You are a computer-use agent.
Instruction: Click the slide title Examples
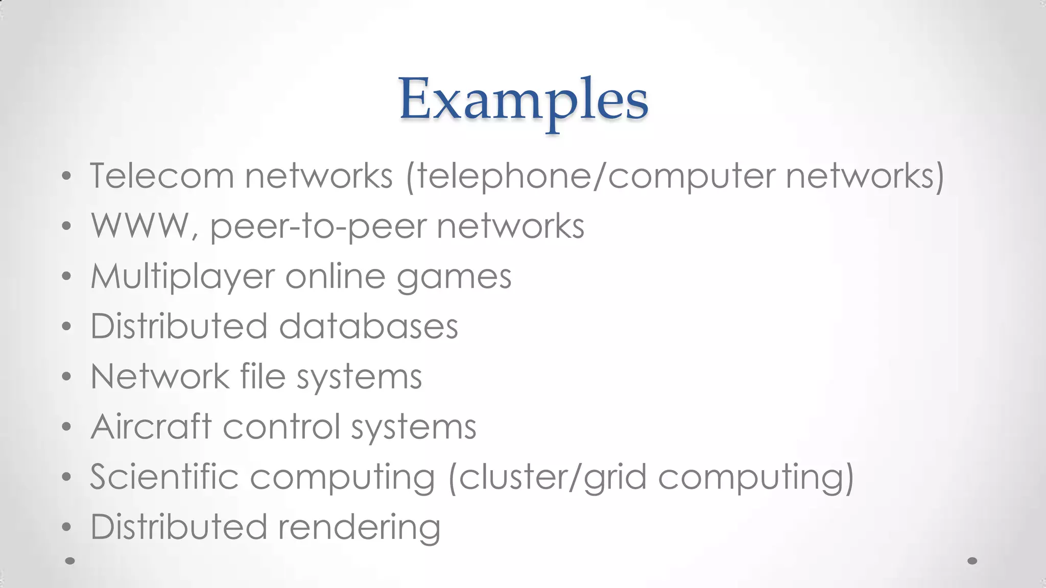pyautogui.click(x=524, y=100)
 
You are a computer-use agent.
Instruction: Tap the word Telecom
pyautogui.click(x=161, y=176)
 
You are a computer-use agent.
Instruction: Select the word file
pyautogui.click(x=263, y=377)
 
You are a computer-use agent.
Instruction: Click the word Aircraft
pyautogui.click(x=151, y=427)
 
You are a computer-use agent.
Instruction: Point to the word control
pyautogui.click(x=281, y=427)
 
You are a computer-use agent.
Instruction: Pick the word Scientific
pyautogui.click(x=164, y=477)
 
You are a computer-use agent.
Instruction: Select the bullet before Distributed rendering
pyautogui.click(x=66, y=527)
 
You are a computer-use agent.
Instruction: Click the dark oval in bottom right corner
pyautogui.click(x=972, y=561)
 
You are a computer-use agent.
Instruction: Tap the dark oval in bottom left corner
pyautogui.click(x=70, y=561)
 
